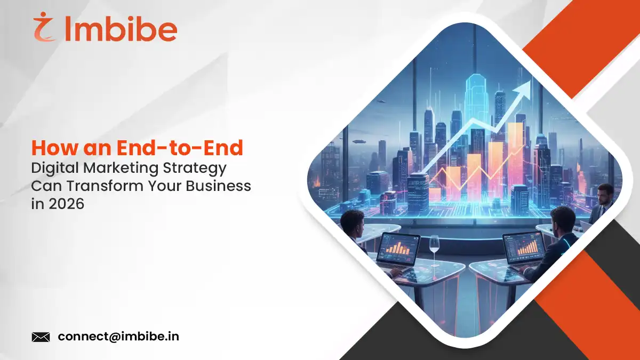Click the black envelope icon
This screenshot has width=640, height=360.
[x=41, y=337]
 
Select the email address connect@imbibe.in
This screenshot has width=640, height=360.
[x=118, y=337]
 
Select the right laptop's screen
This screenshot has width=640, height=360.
[x=523, y=249]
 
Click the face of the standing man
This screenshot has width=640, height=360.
[x=604, y=193]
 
